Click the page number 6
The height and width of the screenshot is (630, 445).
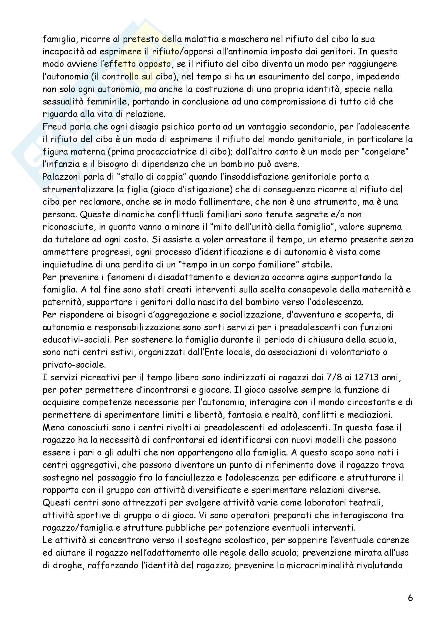(x=410, y=598)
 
